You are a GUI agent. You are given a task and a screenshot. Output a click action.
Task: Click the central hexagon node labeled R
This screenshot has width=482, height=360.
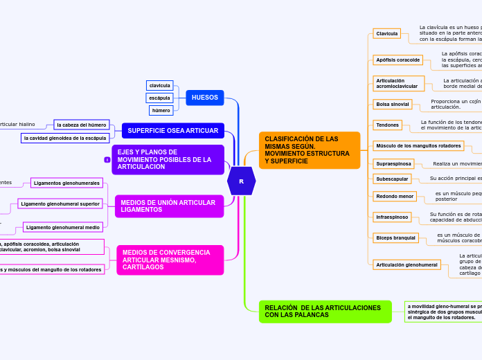(x=241, y=181)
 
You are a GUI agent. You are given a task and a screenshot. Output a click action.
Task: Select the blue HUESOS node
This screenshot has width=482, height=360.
(x=204, y=98)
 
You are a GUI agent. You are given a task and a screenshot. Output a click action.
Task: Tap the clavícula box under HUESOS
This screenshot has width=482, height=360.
(x=160, y=85)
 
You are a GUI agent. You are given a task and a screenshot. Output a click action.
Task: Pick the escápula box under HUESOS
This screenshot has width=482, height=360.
(x=159, y=98)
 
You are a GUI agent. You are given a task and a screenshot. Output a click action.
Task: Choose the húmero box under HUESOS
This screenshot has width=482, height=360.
(x=161, y=110)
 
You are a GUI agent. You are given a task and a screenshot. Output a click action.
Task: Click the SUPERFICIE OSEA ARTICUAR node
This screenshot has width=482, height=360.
(x=172, y=130)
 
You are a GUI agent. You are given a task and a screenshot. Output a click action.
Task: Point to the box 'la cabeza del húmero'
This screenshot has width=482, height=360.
(x=82, y=125)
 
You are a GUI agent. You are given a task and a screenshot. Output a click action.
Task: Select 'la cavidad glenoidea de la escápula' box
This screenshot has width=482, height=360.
(x=64, y=138)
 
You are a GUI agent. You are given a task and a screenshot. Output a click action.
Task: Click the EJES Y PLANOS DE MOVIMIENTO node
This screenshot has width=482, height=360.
(x=168, y=159)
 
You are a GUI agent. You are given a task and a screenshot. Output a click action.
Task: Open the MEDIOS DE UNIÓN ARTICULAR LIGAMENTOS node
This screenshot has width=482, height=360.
(x=169, y=206)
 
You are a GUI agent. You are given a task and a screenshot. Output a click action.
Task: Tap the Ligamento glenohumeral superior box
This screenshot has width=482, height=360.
(x=60, y=204)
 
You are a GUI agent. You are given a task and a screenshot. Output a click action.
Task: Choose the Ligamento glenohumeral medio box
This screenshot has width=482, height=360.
(x=63, y=226)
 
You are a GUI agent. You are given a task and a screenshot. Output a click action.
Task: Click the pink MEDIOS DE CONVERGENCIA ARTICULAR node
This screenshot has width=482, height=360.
(x=170, y=260)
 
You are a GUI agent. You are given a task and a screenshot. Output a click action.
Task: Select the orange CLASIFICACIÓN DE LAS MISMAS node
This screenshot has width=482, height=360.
(x=309, y=150)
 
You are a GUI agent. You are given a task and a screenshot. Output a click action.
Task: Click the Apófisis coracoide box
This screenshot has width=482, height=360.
(x=398, y=60)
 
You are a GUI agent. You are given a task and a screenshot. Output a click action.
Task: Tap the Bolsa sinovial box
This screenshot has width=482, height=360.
(x=392, y=104)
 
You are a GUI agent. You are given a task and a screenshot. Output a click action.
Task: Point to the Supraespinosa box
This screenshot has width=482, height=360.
(x=394, y=163)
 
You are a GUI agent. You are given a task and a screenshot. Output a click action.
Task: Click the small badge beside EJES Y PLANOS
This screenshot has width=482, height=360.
(x=107, y=160)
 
